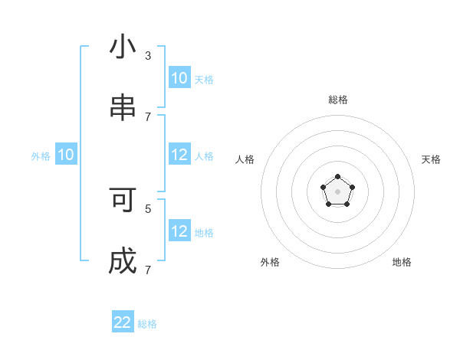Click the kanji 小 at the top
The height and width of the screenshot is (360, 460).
click(x=123, y=47)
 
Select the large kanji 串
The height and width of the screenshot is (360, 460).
click(x=123, y=108)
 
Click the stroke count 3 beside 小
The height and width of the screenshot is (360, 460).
click(x=148, y=55)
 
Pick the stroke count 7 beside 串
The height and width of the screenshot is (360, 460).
click(x=148, y=116)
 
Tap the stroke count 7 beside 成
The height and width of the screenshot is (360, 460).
click(x=148, y=270)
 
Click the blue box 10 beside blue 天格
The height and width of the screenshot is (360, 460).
click(x=179, y=77)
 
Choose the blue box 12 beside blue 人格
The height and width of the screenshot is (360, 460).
click(x=179, y=155)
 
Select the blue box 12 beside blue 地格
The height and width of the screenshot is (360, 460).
click(x=179, y=231)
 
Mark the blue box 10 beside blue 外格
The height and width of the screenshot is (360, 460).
click(x=66, y=155)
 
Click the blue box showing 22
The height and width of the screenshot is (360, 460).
click(x=123, y=322)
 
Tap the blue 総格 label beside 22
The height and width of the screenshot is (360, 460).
click(x=147, y=324)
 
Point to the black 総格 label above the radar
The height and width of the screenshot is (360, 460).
click(x=338, y=100)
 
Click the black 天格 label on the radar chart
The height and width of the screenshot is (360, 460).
click(x=431, y=159)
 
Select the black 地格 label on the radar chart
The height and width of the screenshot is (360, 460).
click(x=402, y=262)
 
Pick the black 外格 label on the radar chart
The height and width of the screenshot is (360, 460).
click(x=270, y=262)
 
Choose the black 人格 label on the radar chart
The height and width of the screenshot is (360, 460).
click(x=245, y=159)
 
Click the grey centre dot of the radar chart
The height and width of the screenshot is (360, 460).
click(x=338, y=191)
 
